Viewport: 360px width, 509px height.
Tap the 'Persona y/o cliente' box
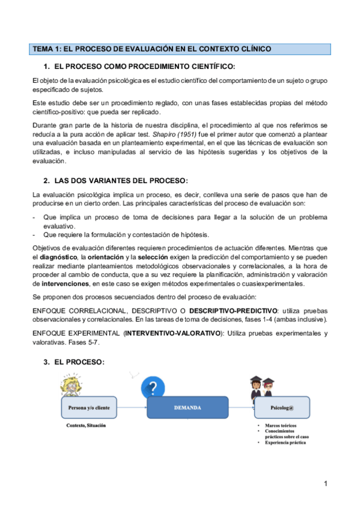85,408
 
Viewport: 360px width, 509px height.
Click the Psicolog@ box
281,408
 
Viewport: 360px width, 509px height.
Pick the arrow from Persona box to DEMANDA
129,408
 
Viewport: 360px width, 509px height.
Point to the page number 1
325,484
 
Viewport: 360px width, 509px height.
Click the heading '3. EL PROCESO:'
74,362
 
